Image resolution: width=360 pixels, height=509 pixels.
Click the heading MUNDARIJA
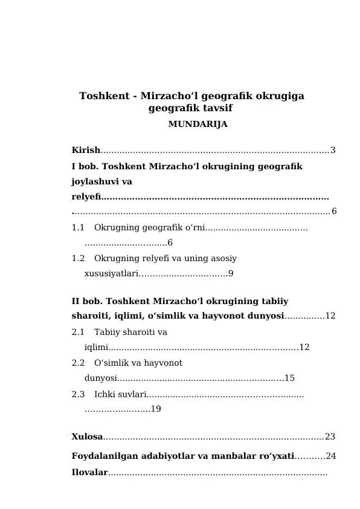click(197, 125)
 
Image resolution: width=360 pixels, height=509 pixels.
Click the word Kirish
click(85, 150)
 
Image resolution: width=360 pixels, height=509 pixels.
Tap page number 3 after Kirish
click(333, 150)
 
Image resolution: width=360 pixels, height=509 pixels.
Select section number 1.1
click(78, 228)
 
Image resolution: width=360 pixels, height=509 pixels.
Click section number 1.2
click(78, 258)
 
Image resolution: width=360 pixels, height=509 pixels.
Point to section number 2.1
click(78, 332)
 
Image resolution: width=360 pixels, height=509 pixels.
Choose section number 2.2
click(78, 363)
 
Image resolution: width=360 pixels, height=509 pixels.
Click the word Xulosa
click(87, 436)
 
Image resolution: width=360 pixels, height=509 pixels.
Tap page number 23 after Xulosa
click(330, 436)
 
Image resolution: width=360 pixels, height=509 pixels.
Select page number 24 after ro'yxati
click(330, 455)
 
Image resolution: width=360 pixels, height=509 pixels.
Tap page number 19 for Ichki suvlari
click(155, 409)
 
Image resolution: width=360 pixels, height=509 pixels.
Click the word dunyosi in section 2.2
click(100, 378)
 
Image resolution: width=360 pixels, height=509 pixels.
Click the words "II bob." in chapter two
click(85, 301)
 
